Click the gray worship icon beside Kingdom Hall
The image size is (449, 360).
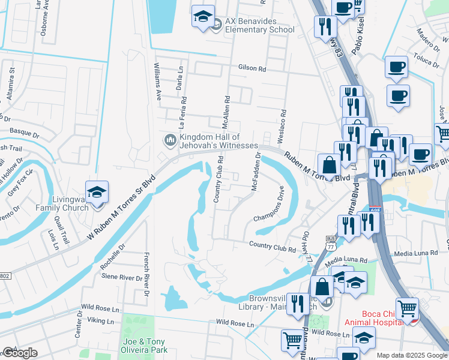click(170, 141)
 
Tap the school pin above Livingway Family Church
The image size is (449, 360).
click(97, 192)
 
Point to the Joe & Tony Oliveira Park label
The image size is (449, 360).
click(144, 346)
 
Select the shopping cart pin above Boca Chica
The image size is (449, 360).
click(408, 309)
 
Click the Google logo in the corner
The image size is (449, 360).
click(20, 353)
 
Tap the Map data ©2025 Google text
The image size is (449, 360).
click(412, 355)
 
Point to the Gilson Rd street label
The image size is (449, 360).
click(252, 68)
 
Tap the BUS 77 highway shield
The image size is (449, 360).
click(331, 241)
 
